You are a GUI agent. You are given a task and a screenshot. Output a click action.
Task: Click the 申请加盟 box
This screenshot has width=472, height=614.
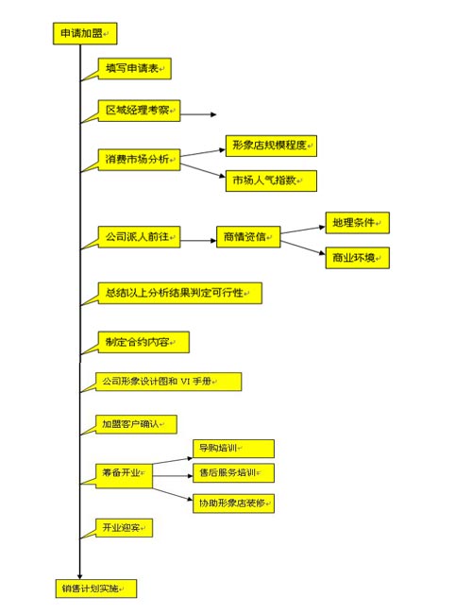(85, 33)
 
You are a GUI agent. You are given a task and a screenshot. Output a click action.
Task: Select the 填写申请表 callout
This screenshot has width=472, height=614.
(134, 69)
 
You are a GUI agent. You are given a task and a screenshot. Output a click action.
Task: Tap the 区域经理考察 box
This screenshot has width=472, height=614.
(139, 111)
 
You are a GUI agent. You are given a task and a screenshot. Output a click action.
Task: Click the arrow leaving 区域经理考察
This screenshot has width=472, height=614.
(198, 114)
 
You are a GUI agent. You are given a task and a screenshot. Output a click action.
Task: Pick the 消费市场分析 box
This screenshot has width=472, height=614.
(139, 160)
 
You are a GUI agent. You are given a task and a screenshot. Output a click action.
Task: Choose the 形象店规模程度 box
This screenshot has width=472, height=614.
(271, 145)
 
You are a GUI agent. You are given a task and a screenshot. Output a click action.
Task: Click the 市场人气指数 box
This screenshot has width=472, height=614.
(271, 180)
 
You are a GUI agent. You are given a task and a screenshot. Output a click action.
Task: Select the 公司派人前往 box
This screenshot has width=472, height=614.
(139, 237)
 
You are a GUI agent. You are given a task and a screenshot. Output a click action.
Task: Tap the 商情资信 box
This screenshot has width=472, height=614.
(248, 237)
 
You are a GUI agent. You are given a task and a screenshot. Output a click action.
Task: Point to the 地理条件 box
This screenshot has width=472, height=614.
(358, 223)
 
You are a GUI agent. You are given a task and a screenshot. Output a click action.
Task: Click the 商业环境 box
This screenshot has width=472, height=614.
(358, 258)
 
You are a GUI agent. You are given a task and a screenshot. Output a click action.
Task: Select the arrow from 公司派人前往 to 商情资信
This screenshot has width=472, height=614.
(198, 241)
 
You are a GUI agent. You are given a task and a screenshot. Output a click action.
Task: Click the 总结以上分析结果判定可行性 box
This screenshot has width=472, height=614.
(179, 293)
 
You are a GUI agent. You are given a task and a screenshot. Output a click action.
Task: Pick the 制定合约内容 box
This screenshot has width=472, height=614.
(143, 342)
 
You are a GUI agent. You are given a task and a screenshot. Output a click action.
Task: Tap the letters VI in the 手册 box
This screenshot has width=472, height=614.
(184, 381)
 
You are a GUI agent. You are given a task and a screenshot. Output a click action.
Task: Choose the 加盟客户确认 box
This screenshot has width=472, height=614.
(136, 424)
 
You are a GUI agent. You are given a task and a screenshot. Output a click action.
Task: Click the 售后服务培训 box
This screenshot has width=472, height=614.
(234, 473)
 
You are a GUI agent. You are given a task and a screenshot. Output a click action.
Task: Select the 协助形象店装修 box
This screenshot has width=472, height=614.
(234, 503)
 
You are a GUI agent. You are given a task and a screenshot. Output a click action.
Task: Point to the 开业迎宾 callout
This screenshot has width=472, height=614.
(124, 528)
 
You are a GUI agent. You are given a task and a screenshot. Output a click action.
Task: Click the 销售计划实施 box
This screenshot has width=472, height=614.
(96, 588)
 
